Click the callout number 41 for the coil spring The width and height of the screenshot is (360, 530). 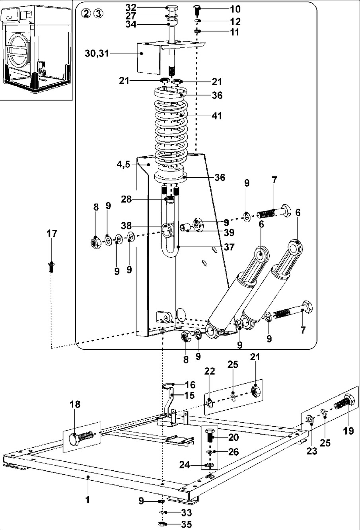(216, 116)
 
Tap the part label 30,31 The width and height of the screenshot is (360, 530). (97, 53)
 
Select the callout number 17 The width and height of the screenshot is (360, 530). (52, 233)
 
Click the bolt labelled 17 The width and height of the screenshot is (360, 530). (51, 267)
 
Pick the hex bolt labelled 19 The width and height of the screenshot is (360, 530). (344, 402)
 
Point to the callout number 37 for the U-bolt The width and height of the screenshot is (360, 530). (229, 247)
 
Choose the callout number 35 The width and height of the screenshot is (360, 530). (186, 524)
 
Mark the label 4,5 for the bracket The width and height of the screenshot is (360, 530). (123, 164)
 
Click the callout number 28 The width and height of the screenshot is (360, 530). (126, 199)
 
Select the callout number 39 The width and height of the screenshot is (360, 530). (229, 233)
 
